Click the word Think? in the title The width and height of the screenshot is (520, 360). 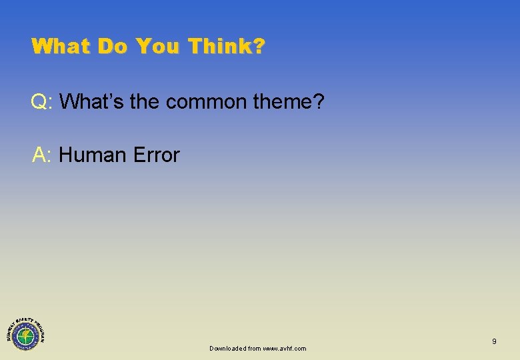tap(227, 46)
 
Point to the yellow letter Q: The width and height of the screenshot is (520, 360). tap(41, 102)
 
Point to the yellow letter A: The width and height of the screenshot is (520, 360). tap(41, 155)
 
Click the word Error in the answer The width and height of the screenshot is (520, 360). tap(156, 155)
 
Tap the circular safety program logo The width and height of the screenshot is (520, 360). tap(25, 331)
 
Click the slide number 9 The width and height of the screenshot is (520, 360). tap(494, 341)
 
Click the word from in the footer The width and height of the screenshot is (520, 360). tap(254, 348)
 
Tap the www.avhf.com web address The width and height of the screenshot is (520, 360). tap(285, 348)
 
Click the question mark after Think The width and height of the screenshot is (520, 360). tap(259, 46)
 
